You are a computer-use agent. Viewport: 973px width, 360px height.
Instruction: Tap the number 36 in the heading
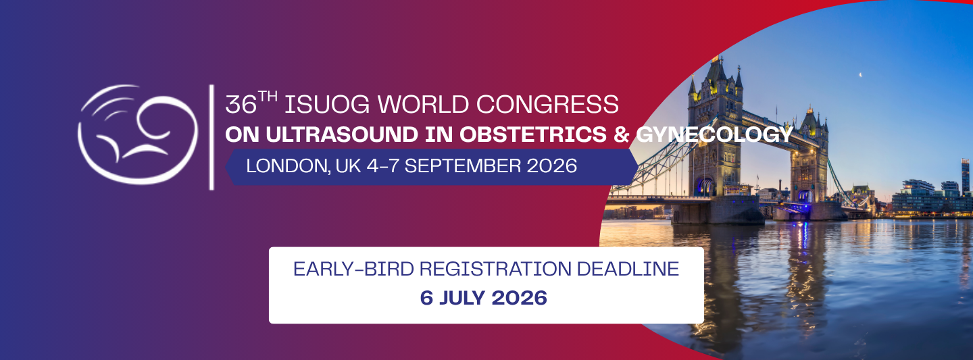point(241,105)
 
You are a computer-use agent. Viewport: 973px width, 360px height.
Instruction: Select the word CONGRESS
point(547,105)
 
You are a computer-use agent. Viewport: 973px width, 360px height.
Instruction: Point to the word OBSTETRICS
point(533,134)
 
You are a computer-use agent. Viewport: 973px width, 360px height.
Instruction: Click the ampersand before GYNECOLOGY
point(622,134)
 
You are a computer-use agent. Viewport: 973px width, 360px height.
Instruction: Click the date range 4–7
point(382,166)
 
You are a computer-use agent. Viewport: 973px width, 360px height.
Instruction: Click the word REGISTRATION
point(495,269)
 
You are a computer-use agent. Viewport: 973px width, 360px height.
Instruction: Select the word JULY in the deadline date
point(464,298)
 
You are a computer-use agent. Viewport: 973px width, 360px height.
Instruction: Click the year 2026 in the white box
point(520,298)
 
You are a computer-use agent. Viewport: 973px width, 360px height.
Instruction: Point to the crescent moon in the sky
point(859,75)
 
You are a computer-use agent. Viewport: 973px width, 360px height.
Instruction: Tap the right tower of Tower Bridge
point(809,156)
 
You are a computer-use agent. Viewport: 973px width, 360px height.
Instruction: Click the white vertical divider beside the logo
point(211,137)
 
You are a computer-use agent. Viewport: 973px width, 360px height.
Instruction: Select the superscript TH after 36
point(268,96)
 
